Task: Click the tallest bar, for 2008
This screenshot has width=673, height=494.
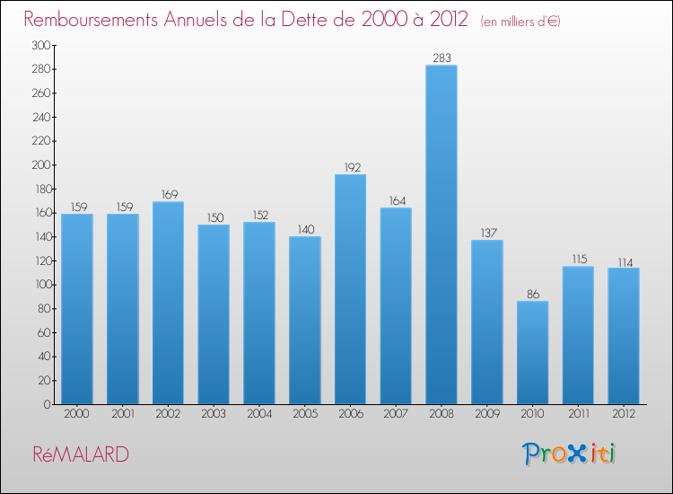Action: pos(441,234)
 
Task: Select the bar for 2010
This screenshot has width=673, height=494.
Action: pos(532,352)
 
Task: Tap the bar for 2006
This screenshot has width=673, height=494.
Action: pos(350,288)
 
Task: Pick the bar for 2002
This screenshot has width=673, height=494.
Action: pos(168,303)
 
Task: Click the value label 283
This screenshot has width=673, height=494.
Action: pos(441,58)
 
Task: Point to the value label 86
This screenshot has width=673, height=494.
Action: pos(532,294)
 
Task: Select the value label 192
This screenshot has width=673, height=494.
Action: pos(350,167)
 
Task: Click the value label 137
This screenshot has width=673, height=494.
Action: pos(486,233)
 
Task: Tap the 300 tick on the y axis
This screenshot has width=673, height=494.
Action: pos(40,45)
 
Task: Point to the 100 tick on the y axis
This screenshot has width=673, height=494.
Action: pos(40,285)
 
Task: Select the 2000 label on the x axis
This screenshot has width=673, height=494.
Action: pos(77,415)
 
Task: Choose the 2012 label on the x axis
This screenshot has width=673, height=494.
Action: pos(623,415)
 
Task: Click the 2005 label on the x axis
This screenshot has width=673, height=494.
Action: pos(304,415)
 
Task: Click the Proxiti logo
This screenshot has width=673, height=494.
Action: pos(570,454)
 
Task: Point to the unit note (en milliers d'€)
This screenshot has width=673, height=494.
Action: pos(520,22)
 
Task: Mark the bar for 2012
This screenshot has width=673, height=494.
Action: pos(623,336)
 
